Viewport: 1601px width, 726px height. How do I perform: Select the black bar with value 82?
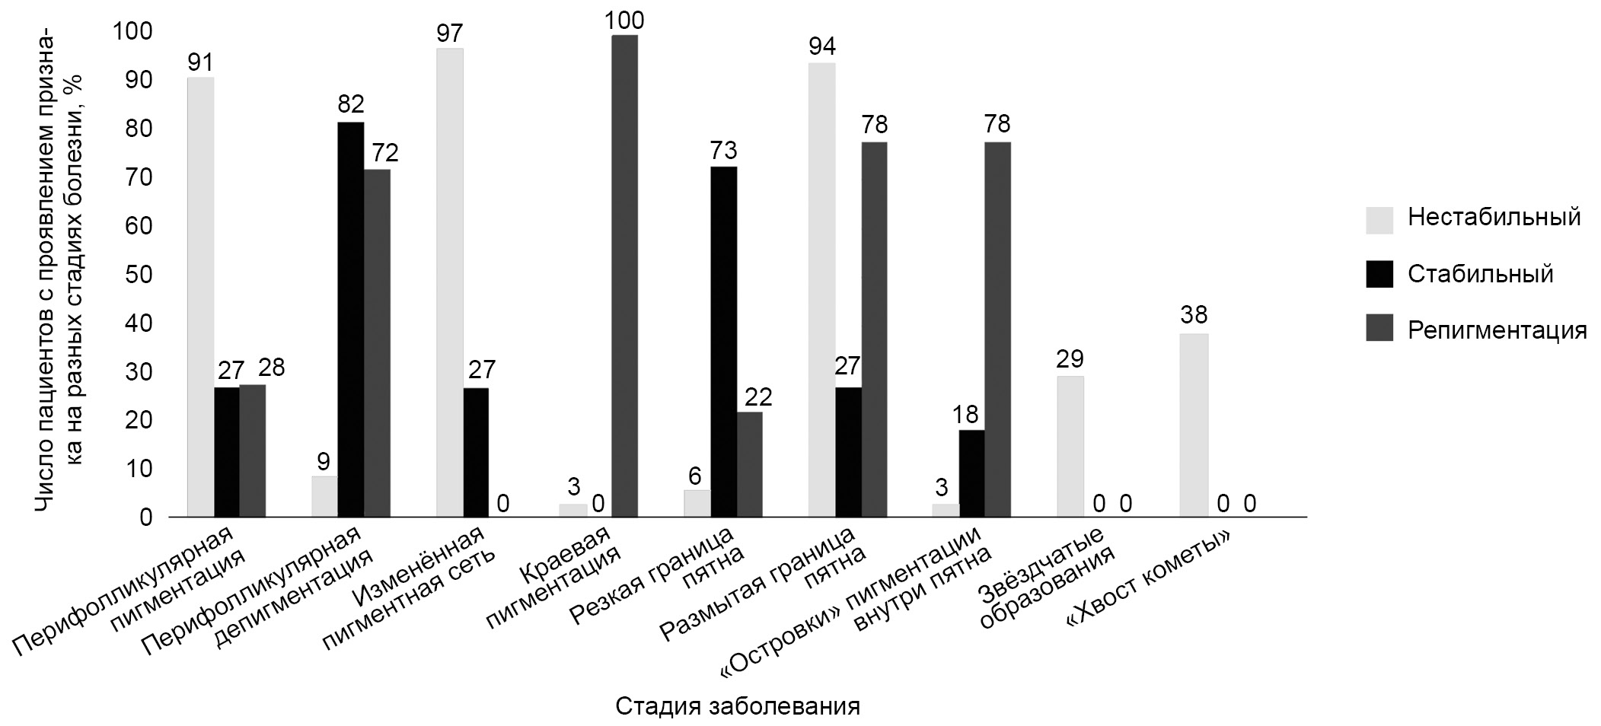351,320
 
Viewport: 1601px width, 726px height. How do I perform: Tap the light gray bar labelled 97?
449,282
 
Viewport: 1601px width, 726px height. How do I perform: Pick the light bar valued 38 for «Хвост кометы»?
1194,425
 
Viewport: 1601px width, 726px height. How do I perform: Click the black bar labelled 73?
723,342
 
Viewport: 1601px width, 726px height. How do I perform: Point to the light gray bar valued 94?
821,290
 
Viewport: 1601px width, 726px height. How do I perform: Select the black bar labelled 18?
971,473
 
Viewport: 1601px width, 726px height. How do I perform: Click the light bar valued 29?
1070,447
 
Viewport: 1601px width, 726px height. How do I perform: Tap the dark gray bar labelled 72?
377,343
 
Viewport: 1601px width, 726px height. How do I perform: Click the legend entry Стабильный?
1480,274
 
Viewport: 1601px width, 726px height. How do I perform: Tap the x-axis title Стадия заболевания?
737,706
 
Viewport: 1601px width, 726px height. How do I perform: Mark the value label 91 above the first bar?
200,62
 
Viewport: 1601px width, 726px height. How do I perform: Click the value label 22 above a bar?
758,396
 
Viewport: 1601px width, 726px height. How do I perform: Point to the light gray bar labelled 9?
324,496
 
